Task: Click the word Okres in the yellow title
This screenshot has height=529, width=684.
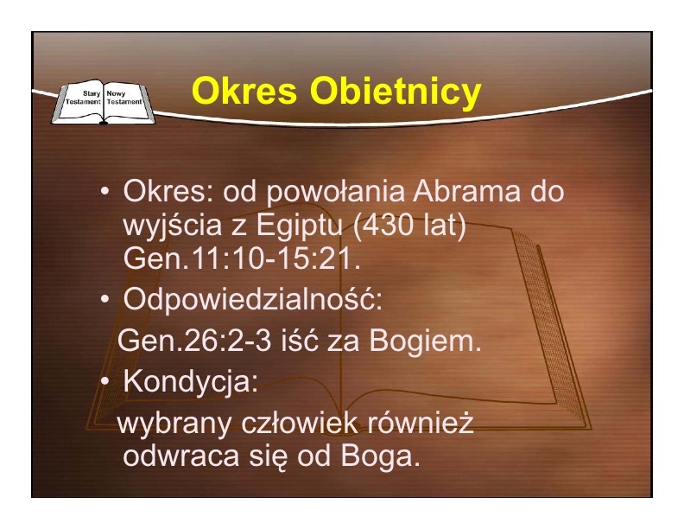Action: [244, 91]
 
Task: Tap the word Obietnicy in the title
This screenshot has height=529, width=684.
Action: [396, 92]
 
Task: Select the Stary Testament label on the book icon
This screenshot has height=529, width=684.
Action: [83, 98]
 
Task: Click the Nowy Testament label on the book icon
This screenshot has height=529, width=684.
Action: [124, 98]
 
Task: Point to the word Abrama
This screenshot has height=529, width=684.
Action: [466, 191]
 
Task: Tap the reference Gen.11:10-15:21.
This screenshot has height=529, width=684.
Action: [242, 258]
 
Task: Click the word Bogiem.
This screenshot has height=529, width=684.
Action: [425, 341]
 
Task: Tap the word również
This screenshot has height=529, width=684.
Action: [421, 423]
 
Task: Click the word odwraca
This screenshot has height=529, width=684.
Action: [181, 456]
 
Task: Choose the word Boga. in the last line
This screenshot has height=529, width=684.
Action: [380, 457]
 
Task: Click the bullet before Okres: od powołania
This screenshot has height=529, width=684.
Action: [104, 192]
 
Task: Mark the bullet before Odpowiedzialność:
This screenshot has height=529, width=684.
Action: [104, 300]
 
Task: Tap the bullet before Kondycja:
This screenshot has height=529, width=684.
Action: [104, 381]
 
